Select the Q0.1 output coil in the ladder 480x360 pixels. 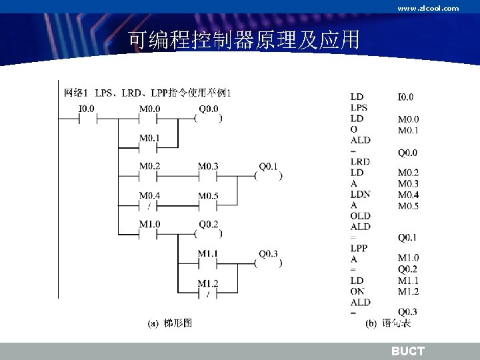click(x=268, y=177)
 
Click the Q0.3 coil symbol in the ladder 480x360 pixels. click(x=268, y=263)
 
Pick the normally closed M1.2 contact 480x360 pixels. click(x=208, y=293)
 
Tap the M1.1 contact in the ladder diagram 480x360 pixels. click(x=208, y=263)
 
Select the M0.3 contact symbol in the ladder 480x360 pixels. click(x=208, y=177)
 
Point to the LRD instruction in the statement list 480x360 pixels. click(x=360, y=162)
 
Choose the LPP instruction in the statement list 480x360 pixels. click(x=359, y=248)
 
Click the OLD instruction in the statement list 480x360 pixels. click(x=360, y=216)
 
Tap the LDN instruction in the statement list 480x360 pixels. click(x=360, y=195)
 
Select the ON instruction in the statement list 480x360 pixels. click(x=357, y=291)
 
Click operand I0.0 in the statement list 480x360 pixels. click(x=405, y=97)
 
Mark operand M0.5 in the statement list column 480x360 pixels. click(x=408, y=205)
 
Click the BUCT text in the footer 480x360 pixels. click(x=407, y=351)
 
